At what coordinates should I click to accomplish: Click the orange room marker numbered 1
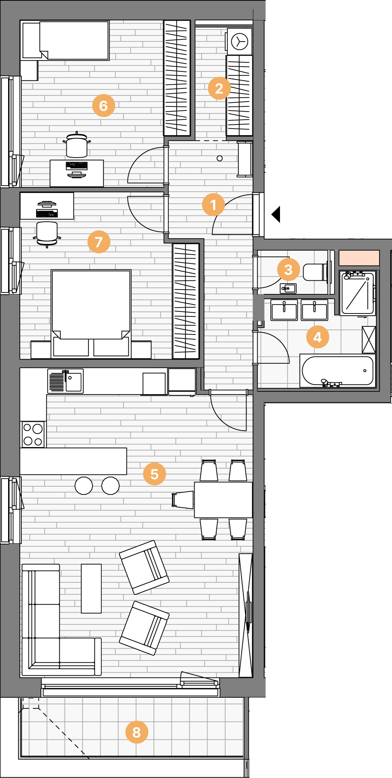[213, 204]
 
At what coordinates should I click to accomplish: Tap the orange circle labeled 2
[219, 88]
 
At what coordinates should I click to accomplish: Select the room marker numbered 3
[288, 270]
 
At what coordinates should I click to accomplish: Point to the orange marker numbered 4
[318, 337]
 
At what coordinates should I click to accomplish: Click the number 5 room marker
[154, 474]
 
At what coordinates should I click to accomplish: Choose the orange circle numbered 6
[104, 106]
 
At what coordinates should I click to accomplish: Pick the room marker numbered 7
[99, 242]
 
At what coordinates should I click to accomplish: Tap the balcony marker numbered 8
[137, 732]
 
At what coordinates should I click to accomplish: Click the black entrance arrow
[276, 214]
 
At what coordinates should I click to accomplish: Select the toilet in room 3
[315, 272]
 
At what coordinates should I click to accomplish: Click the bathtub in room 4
[338, 371]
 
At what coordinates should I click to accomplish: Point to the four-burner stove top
[33, 434]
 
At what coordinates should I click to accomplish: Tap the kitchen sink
[66, 381]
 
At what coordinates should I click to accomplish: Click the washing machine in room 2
[239, 41]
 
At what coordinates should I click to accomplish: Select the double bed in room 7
[91, 313]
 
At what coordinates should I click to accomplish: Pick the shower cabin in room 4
[358, 293]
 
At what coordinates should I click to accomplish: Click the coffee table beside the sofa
[91, 588]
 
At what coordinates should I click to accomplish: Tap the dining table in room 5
[223, 500]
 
